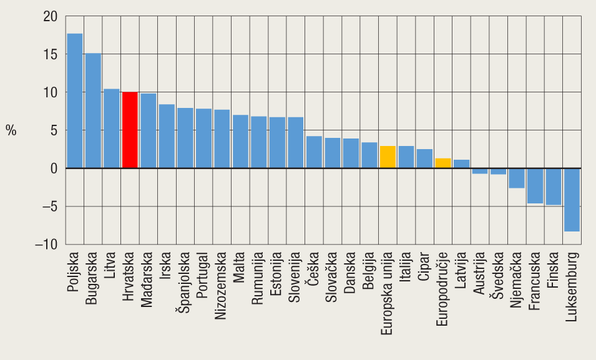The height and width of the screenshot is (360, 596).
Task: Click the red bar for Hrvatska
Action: tap(130, 130)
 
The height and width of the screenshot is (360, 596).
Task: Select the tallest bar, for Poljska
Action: tap(75, 101)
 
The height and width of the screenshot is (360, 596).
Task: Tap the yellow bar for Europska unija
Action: tap(388, 157)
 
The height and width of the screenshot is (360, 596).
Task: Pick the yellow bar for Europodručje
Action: tap(442, 163)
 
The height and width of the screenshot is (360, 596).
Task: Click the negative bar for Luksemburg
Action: tap(572, 200)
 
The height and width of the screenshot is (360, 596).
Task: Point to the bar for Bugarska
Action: tap(93, 111)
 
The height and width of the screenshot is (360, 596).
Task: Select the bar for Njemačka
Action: tap(516, 178)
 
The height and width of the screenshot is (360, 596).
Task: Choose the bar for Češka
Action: tap(314, 152)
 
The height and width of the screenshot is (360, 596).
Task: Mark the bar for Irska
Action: tap(167, 137)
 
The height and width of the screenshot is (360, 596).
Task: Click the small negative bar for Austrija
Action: tap(479, 171)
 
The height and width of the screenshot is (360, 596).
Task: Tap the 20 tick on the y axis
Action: tap(50, 17)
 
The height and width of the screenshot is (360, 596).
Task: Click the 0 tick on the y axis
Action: tap(54, 168)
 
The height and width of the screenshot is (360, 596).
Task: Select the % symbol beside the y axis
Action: tap(11, 130)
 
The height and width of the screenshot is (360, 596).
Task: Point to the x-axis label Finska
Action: tap(553, 269)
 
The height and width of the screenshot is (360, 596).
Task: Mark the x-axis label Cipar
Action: tap(424, 266)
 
